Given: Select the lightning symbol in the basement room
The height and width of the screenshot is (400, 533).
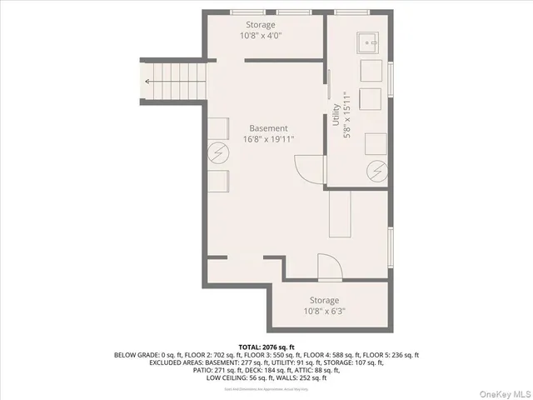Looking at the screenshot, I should point(218,152).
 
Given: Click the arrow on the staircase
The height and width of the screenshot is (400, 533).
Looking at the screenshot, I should point(148,81).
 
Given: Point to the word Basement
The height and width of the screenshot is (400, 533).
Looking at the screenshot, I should point(268,128).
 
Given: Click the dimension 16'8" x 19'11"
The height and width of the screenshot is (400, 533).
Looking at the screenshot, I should point(268,140).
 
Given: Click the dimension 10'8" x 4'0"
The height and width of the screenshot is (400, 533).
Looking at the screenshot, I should point(262,37).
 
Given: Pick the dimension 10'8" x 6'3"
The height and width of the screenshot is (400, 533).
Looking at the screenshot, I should point(324,312).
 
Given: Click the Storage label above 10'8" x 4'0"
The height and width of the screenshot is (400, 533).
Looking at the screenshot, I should point(262,25).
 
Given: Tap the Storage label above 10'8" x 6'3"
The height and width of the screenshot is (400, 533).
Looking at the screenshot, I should point(324,300).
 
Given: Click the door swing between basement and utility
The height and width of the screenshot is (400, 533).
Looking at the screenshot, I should point(310,168).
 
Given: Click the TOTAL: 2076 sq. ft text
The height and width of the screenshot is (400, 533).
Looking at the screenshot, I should point(266,346).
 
